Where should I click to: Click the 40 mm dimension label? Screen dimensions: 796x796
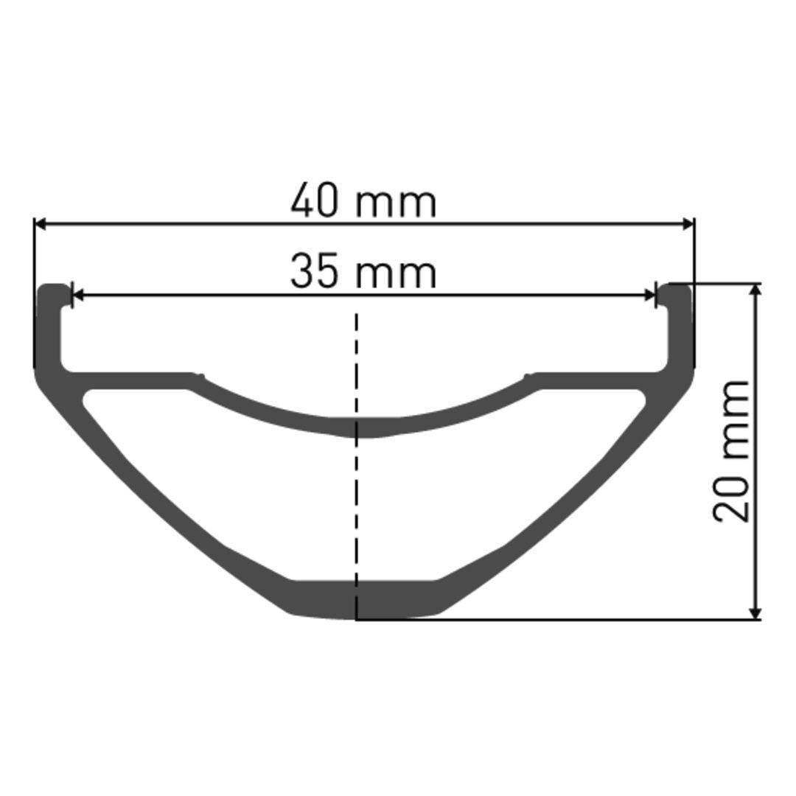pos(363,201)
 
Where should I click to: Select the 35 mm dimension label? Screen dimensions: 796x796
pos(363,271)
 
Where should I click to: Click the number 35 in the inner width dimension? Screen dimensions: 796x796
pos(315,271)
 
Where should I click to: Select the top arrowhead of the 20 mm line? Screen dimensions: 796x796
pos(755,290)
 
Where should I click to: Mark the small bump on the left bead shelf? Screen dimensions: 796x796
pos(197,375)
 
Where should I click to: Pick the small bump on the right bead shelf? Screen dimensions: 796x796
pos(526,375)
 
